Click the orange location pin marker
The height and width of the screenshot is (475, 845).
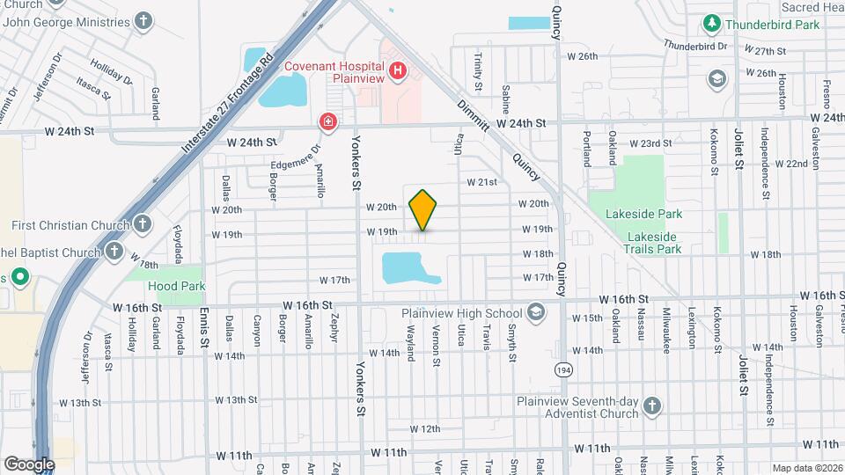tap(422, 209)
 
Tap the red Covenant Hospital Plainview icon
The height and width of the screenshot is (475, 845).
tap(398, 69)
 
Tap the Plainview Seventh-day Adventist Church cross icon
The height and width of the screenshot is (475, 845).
tap(651, 406)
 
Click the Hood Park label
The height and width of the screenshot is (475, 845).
tap(177, 286)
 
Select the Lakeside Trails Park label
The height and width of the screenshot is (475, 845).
tap(652, 243)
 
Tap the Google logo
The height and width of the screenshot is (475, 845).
tap(28, 464)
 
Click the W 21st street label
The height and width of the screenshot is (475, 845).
tap(482, 182)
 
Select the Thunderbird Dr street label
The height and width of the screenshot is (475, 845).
tap(695, 45)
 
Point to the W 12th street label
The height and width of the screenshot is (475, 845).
tap(424, 428)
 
